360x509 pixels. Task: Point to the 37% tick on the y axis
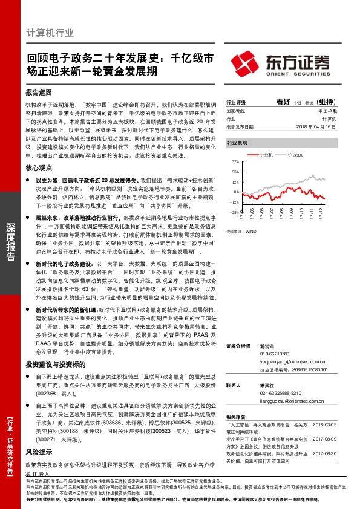pyautogui.click(x=235, y=163)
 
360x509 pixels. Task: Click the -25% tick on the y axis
pyautogui.click(x=234, y=212)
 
